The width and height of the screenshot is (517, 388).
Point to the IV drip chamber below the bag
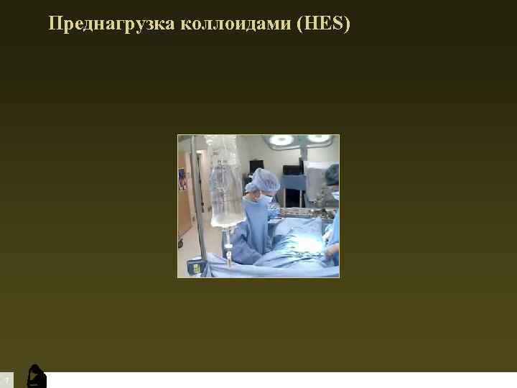(228, 237)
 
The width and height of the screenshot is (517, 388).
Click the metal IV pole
(200, 208)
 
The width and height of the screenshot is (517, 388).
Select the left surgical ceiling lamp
(281, 139)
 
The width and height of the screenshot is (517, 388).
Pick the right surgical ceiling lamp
(317, 139)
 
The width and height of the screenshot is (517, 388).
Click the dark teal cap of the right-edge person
(332, 174)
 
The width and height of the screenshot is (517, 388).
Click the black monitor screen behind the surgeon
(292, 170)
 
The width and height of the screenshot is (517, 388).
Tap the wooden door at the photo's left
(185, 208)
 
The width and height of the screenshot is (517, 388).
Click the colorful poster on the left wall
(183, 177)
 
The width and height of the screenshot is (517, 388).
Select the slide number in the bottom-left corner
(6, 379)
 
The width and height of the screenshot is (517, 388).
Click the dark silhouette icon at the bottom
(36, 377)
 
